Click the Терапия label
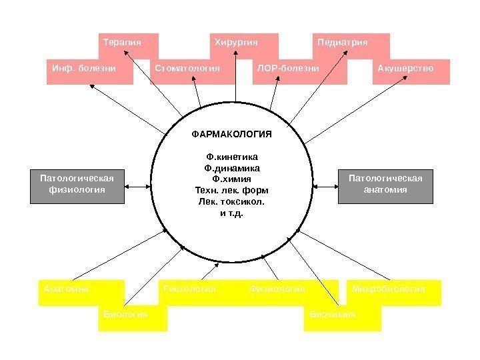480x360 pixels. pos(123,43)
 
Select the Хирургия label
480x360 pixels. pos(235,43)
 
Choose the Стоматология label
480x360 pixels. pos(187,68)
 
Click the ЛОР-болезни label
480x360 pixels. pos(289,68)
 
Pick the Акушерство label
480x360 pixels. pos(405,68)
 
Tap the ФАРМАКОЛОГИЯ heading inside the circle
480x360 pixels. pos(232,134)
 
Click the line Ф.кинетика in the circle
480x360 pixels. pos(232,157)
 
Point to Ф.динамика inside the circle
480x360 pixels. pos(232,168)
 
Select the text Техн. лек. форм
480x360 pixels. pos(232,189)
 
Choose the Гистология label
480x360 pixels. pos(189,289)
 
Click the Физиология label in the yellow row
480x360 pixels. pos(277,289)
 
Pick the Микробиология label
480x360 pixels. pos(389,289)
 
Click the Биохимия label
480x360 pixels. pos(333,313)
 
